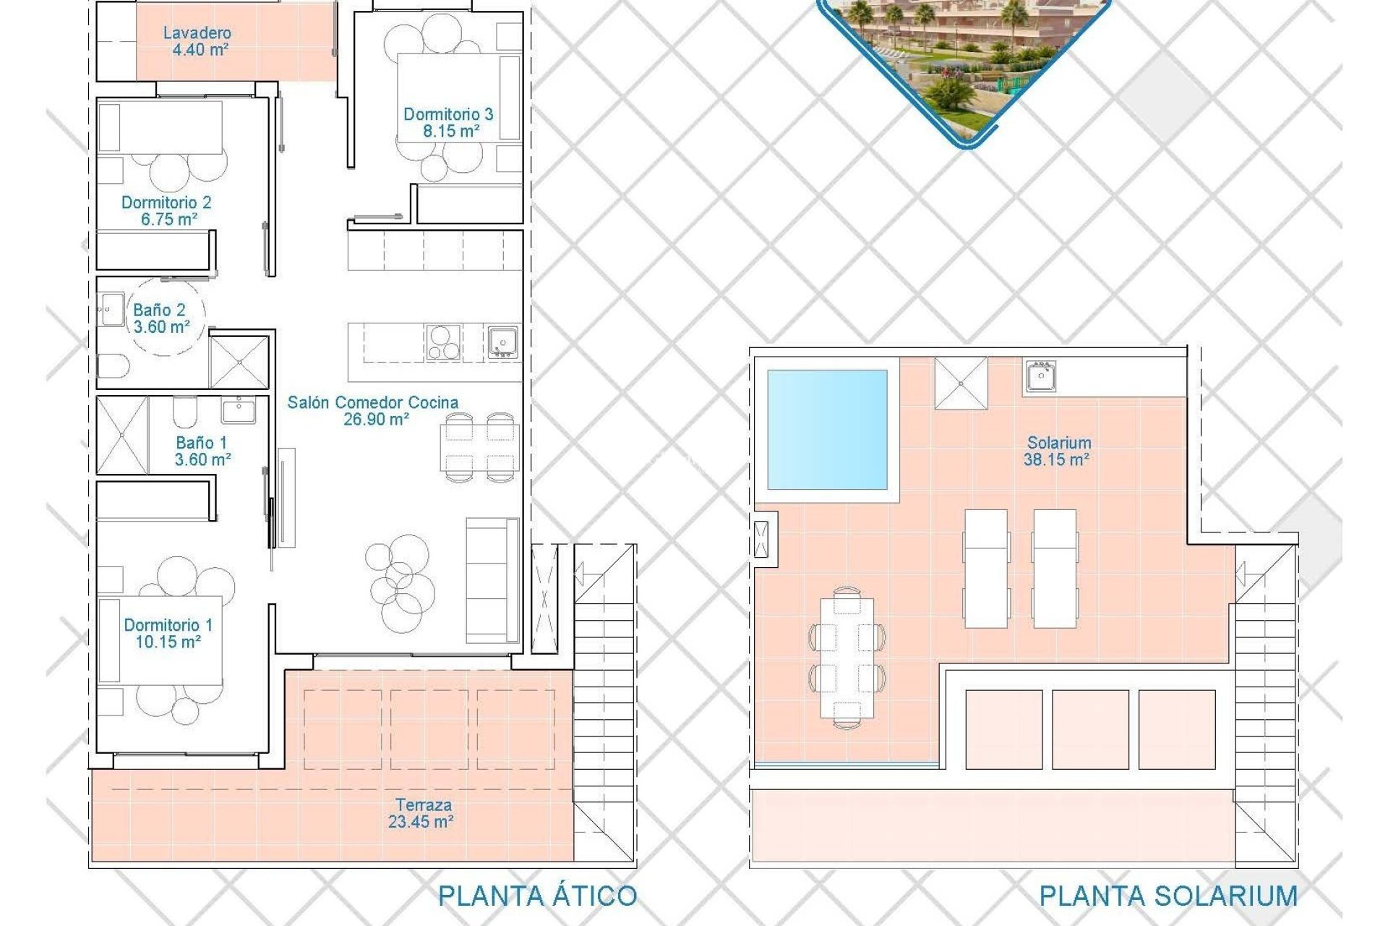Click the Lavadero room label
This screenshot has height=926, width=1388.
pyautogui.click(x=197, y=33)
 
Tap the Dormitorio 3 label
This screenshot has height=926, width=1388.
pyautogui.click(x=448, y=114)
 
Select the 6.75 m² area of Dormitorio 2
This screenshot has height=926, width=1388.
pyautogui.click(x=169, y=219)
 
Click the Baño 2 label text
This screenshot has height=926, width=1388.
pyautogui.click(x=159, y=310)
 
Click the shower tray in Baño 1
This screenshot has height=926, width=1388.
pyautogui.click(x=122, y=435)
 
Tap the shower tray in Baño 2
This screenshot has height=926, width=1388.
pyautogui.click(x=239, y=361)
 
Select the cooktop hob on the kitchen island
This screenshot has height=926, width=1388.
pyautogui.click(x=443, y=343)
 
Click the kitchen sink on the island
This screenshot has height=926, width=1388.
pyautogui.click(x=502, y=342)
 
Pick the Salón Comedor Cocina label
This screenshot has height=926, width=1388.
pyautogui.click(x=372, y=403)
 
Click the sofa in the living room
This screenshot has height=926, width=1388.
pyautogui.click(x=492, y=580)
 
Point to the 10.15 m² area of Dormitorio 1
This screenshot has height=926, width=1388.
pyautogui.click(x=168, y=642)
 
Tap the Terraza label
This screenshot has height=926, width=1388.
pyautogui.click(x=424, y=804)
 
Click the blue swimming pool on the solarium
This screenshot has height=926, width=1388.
pyautogui.click(x=827, y=430)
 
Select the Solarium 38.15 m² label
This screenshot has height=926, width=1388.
pyautogui.click(x=1058, y=451)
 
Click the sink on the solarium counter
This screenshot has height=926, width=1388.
pyautogui.click(x=1040, y=376)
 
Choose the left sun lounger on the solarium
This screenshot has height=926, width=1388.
pyautogui.click(x=986, y=569)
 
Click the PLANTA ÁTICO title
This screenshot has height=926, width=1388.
pyautogui.click(x=537, y=896)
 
